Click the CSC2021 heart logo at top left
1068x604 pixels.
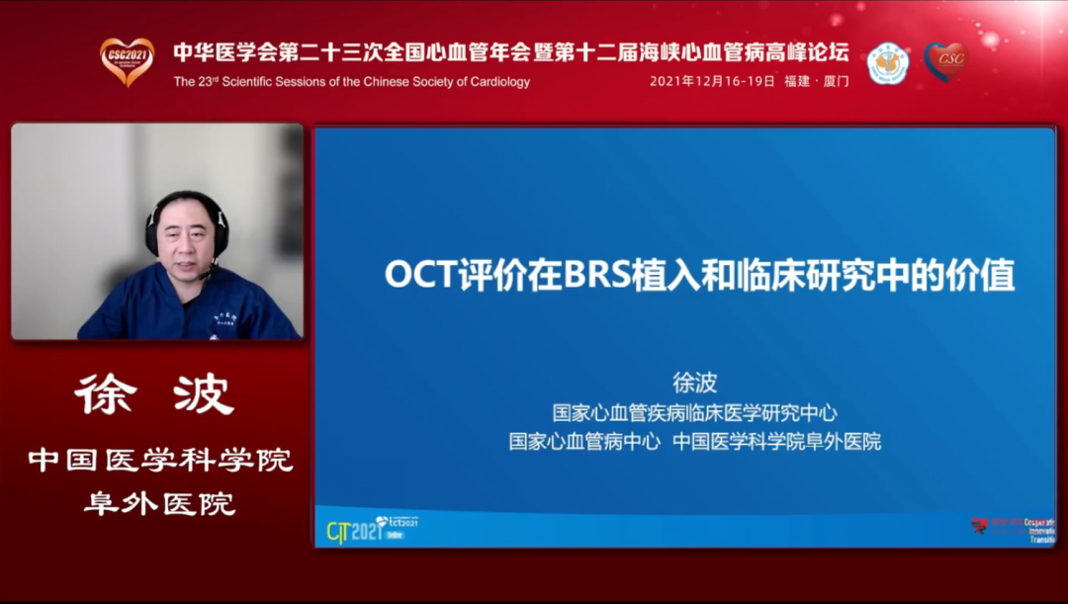point(127,60)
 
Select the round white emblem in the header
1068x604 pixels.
point(887,62)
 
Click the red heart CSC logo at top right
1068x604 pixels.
point(945,61)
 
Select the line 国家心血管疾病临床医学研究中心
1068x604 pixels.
point(694,412)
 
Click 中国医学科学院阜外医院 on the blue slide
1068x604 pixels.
point(776,442)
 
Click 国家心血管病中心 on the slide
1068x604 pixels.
point(584,442)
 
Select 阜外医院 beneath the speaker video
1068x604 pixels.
point(158,503)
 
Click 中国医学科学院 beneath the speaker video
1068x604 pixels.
point(159,461)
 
